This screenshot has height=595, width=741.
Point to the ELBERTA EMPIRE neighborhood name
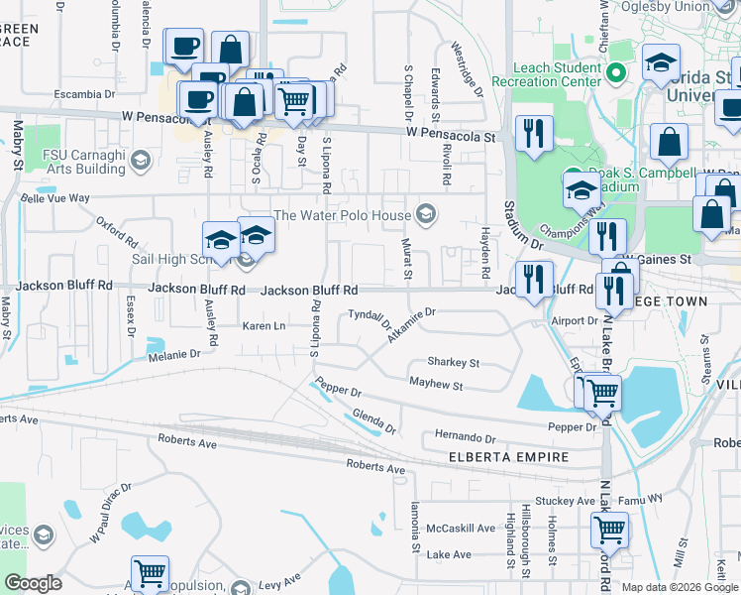(x=507, y=457)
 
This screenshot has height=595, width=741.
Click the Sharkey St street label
(x=453, y=363)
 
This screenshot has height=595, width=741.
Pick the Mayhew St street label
(x=436, y=384)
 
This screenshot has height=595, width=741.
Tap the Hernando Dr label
(x=465, y=437)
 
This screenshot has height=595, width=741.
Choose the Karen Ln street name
(x=265, y=326)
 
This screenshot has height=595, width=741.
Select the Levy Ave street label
(x=279, y=579)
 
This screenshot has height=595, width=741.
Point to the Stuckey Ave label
(x=563, y=502)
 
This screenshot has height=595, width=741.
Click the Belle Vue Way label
(x=55, y=198)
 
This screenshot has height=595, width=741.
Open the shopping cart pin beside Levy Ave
(x=150, y=573)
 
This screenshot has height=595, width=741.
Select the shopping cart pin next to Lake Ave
(x=609, y=530)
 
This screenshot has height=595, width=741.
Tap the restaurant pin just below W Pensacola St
(x=534, y=134)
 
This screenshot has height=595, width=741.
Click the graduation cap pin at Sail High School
(x=220, y=240)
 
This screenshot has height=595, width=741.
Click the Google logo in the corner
(x=33, y=583)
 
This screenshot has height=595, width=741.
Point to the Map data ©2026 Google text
(x=680, y=587)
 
